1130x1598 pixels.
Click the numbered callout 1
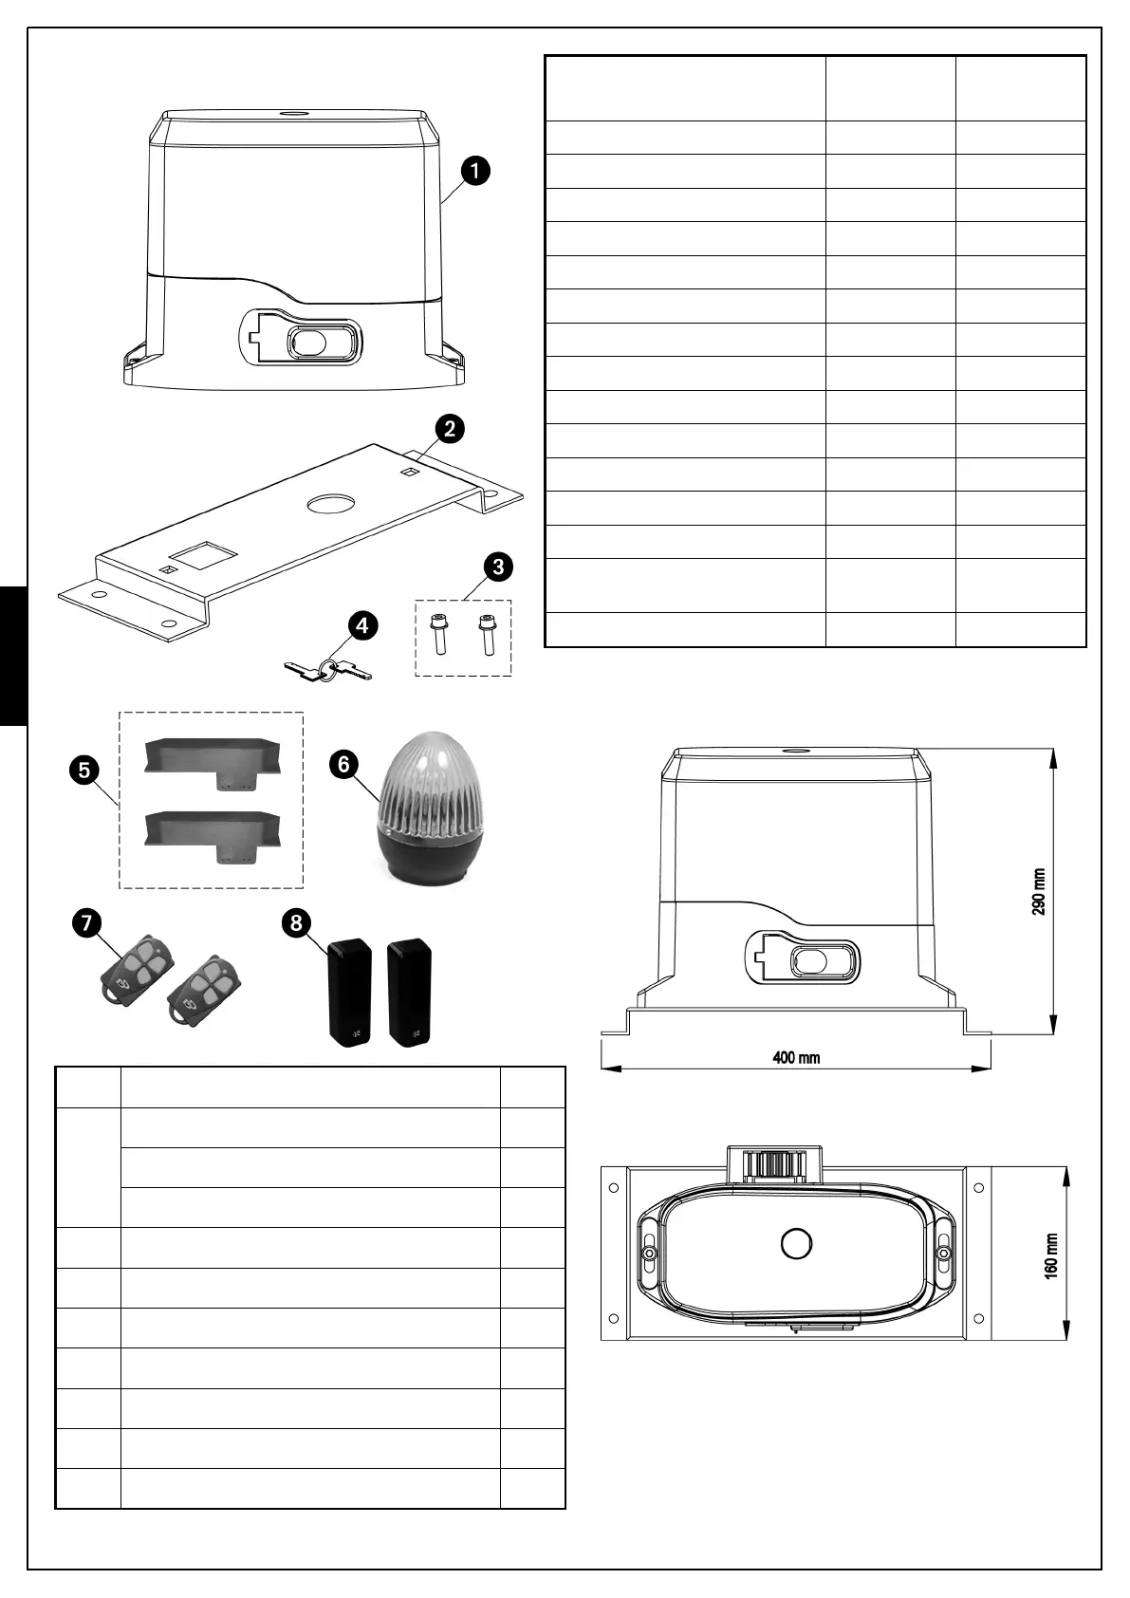coord(475,171)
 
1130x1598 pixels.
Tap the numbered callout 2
coord(450,428)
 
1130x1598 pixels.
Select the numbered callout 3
coord(497,567)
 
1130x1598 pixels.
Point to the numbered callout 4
coord(361,625)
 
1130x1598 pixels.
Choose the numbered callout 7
coord(86,922)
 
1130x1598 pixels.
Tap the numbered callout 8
coord(298,922)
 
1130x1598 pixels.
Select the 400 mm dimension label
coord(796,1057)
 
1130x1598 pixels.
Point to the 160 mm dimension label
coord(1051,1254)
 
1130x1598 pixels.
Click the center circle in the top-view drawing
coord(796,1244)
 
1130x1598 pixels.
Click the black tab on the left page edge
coord(13,655)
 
